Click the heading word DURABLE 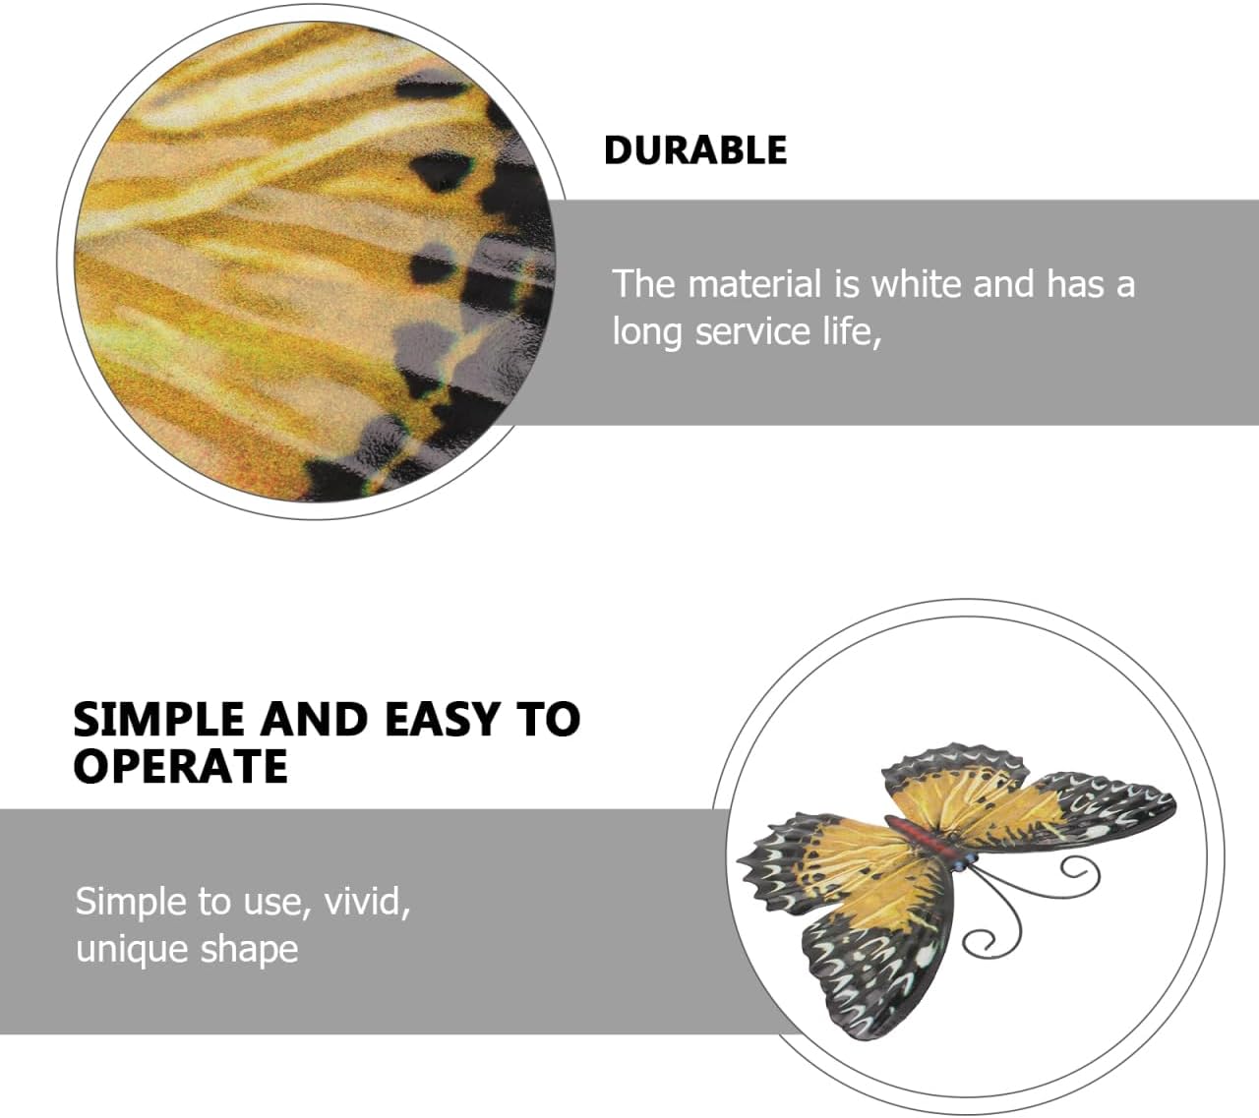[695, 149]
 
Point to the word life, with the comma [847, 331]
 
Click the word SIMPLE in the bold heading [158, 719]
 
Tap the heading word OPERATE [181, 765]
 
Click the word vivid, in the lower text [367, 901]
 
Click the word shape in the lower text [249, 950]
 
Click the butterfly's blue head [967, 860]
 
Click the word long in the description [648, 333]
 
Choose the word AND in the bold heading [315, 719]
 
